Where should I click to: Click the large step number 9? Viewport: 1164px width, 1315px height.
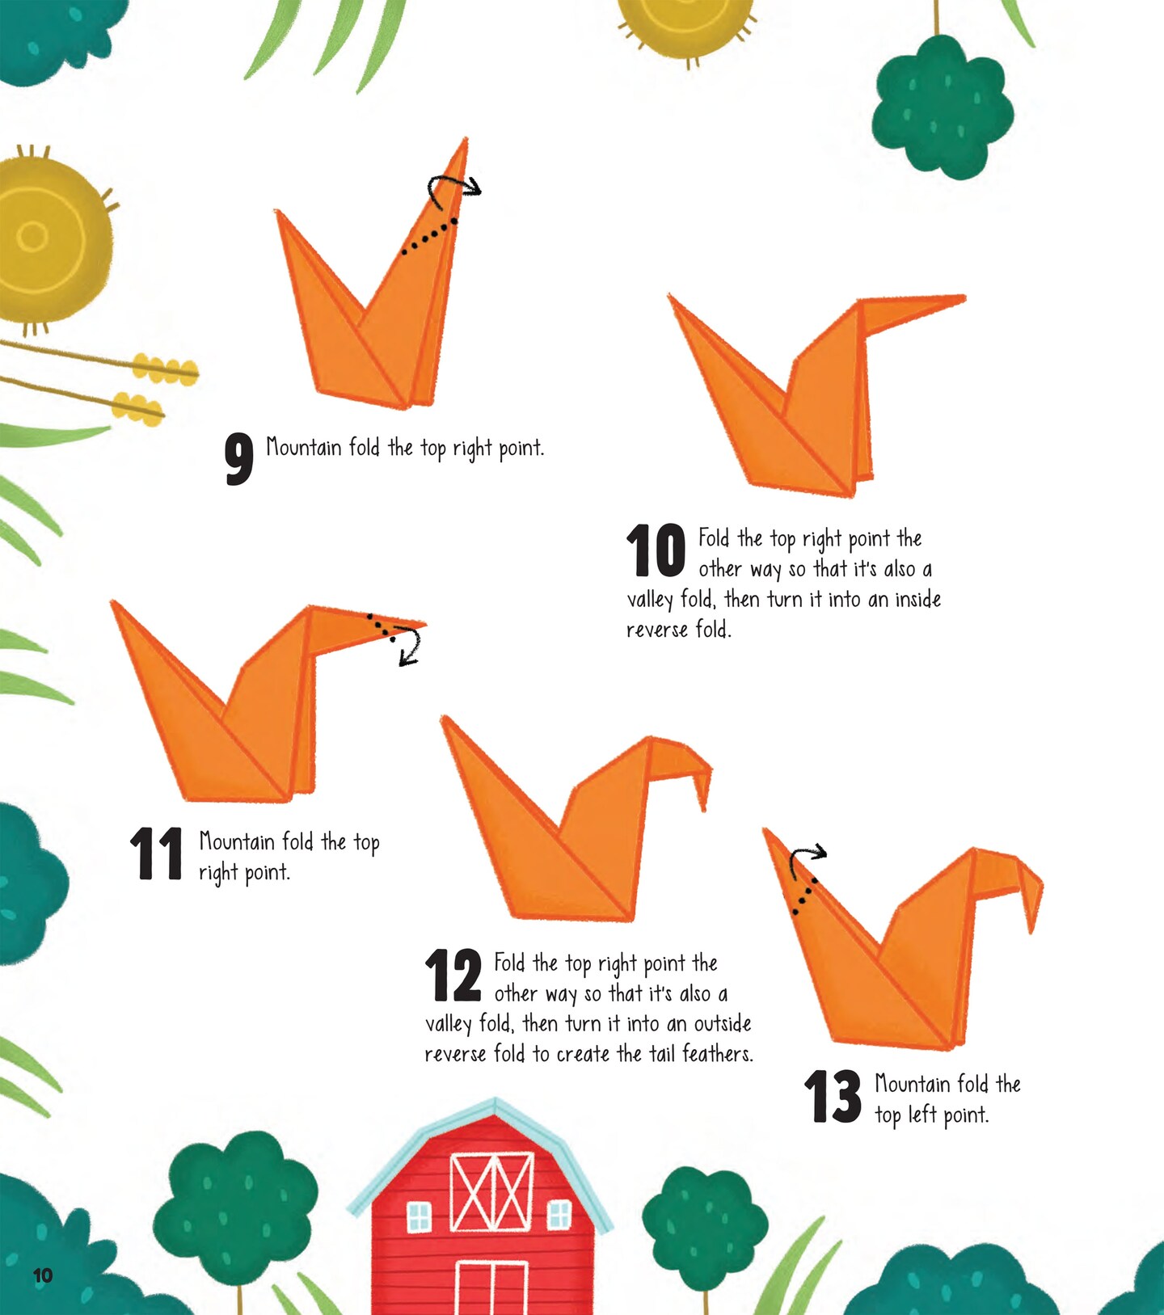click(x=239, y=459)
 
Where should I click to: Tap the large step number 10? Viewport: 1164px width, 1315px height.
click(x=656, y=550)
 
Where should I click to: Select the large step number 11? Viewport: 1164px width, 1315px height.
click(x=156, y=853)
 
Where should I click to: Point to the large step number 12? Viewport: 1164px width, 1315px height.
click(x=453, y=976)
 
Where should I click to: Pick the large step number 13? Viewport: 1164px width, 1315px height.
click(x=833, y=1096)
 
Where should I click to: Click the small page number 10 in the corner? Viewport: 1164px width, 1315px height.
click(x=43, y=1275)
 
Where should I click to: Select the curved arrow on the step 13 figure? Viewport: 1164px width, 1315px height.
click(x=807, y=853)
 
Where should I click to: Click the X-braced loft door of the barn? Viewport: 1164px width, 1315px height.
click(x=491, y=1191)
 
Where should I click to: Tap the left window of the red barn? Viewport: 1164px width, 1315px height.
click(x=419, y=1216)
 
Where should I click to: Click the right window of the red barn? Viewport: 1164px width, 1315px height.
click(x=559, y=1214)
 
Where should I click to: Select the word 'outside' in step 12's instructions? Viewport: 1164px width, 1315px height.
click(x=723, y=1023)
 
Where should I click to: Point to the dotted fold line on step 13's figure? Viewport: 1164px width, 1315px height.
click(x=805, y=896)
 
